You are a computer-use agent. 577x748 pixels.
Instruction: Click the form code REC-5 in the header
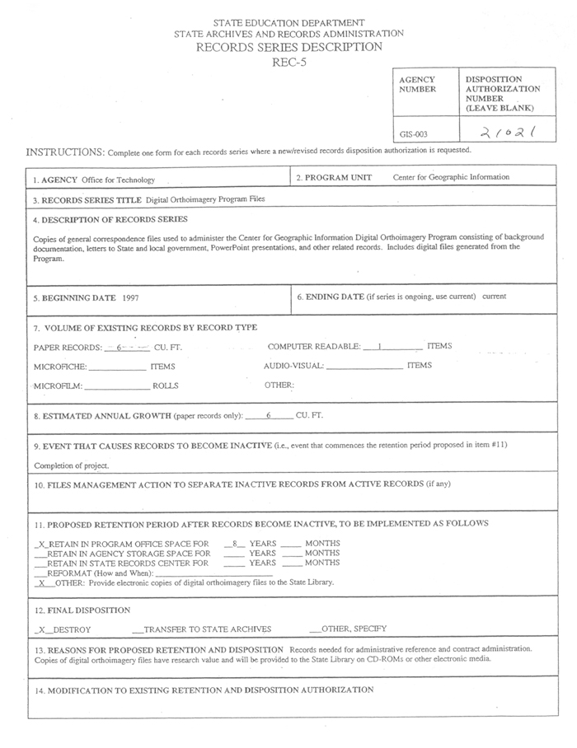point(288,62)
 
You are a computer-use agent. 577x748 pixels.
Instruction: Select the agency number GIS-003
point(414,133)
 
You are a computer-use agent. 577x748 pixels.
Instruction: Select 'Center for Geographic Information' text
point(451,177)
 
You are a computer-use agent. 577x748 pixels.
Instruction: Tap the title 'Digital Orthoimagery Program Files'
point(205,199)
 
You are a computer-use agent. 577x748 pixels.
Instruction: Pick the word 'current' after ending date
point(495,297)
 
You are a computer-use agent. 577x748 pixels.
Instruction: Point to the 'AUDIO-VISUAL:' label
point(294,366)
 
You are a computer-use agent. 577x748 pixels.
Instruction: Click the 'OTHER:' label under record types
point(279,385)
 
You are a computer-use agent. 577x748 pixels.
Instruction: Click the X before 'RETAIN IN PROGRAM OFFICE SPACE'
point(41,545)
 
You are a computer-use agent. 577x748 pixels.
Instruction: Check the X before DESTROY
point(40,629)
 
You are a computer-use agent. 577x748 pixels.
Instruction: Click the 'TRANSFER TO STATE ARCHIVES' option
point(207,629)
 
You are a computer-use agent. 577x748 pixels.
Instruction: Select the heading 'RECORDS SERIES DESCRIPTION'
point(288,47)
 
